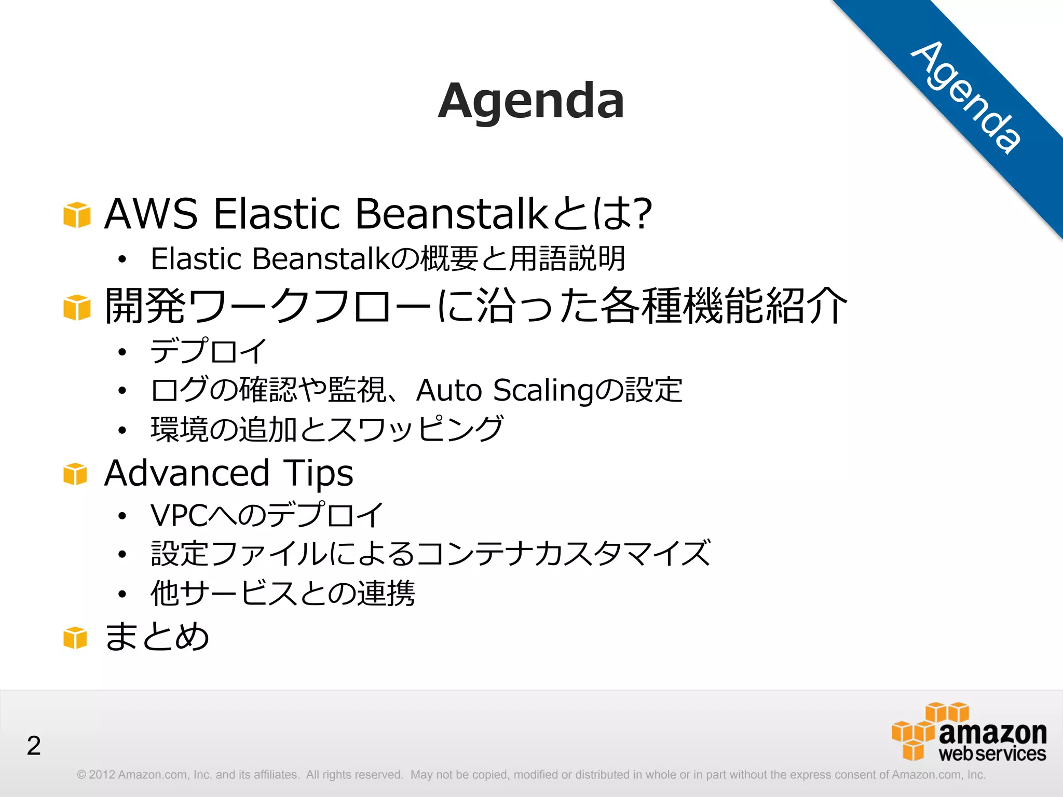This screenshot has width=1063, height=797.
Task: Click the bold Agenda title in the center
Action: (531, 101)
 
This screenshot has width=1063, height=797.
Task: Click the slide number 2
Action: (34, 746)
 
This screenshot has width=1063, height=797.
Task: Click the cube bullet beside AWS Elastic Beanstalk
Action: (77, 215)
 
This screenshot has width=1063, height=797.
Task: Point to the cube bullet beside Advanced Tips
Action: (75, 474)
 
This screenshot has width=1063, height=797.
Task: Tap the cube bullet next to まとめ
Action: (75, 637)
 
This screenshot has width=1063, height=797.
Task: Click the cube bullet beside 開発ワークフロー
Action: (77, 307)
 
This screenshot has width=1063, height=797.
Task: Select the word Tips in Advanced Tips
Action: (318, 473)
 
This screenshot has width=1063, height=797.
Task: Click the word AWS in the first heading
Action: (151, 214)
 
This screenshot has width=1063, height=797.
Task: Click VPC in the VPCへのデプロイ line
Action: (179, 515)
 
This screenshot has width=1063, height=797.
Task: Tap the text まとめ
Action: (157, 636)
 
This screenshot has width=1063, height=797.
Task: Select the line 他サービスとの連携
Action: (283, 593)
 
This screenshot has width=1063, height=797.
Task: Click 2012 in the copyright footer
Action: (102, 775)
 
